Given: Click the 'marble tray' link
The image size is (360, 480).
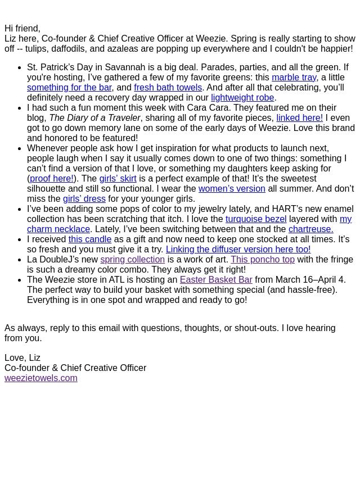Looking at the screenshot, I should click(x=294, y=77).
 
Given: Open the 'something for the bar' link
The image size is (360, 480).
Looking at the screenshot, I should click(x=69, y=87).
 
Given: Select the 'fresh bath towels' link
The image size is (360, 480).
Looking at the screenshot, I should click(x=168, y=87).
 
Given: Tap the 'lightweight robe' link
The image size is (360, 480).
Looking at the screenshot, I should click(x=242, y=97).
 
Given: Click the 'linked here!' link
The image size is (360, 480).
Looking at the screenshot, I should click(x=299, y=117).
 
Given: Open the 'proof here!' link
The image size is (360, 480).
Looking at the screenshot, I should click(x=52, y=178).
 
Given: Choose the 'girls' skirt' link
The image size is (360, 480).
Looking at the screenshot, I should click(x=118, y=178).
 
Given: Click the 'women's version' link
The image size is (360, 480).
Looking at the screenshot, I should click(x=232, y=188).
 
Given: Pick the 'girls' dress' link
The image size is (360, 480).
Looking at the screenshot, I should click(x=84, y=198).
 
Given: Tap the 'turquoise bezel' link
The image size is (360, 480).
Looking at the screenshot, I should click(x=256, y=219).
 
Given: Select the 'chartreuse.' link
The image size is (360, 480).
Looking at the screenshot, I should click(x=310, y=229).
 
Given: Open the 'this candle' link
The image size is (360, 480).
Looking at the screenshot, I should click(x=90, y=239).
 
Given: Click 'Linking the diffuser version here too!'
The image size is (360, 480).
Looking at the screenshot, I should click(x=238, y=249).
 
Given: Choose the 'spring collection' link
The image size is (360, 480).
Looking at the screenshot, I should click(x=132, y=259).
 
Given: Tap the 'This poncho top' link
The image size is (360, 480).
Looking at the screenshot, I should click(x=262, y=259).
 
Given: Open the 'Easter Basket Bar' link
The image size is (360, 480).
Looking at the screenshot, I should click(x=216, y=279).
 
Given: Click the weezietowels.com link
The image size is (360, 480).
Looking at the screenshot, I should click(x=41, y=378).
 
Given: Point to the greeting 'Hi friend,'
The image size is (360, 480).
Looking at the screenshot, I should click(x=22, y=28).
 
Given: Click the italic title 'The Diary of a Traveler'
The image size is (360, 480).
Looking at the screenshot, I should click(x=94, y=117).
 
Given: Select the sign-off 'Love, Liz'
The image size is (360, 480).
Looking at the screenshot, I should click(x=22, y=357).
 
